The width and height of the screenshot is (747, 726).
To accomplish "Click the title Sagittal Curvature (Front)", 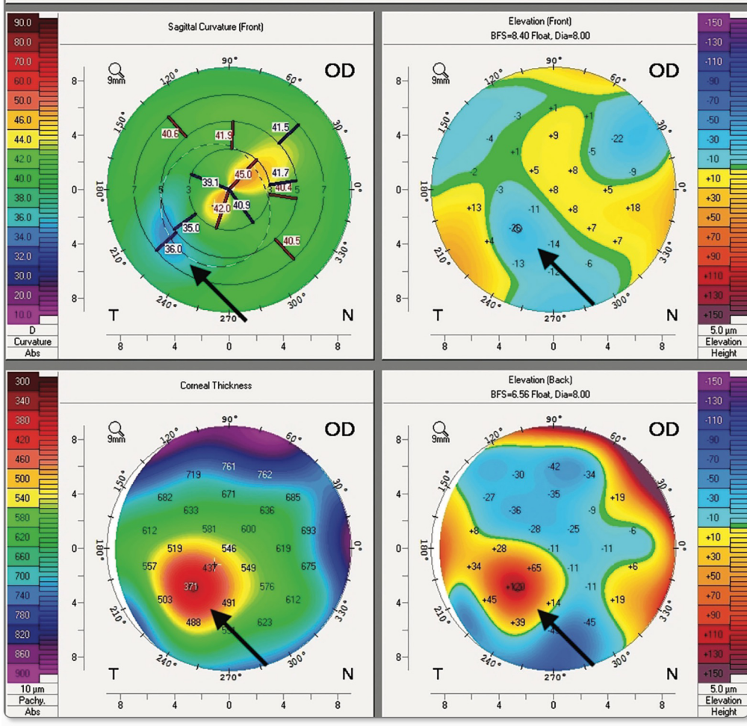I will coord(216,27).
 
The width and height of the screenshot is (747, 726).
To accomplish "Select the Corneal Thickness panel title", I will coord(216,385).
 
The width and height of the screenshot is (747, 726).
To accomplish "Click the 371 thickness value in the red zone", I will coord(192,587).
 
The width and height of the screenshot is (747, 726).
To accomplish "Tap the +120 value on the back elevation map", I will coord(516,587).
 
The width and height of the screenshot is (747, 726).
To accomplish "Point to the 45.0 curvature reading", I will coord(244,174).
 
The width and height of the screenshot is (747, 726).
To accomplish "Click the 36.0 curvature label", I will coord(173,249).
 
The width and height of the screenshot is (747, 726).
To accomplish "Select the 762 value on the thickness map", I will coord(264,474).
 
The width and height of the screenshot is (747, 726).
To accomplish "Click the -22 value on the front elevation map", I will coord(616,138).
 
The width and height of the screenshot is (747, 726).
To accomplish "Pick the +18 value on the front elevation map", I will coord(633,207).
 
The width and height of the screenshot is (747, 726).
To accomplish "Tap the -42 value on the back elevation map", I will coord(554,466).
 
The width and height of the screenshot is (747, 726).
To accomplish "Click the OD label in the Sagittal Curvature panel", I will coord(339,71).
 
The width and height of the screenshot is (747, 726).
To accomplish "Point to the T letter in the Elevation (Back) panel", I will coord(437,674).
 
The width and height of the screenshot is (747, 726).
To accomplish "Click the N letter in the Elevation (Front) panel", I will coord(672,315).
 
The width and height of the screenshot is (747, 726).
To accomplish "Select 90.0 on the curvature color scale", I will coord(23,22).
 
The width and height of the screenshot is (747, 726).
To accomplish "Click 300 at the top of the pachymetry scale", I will coord(23,381).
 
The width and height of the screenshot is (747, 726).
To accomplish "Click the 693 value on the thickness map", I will coord(308,530).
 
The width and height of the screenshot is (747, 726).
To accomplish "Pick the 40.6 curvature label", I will coord(170,134).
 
